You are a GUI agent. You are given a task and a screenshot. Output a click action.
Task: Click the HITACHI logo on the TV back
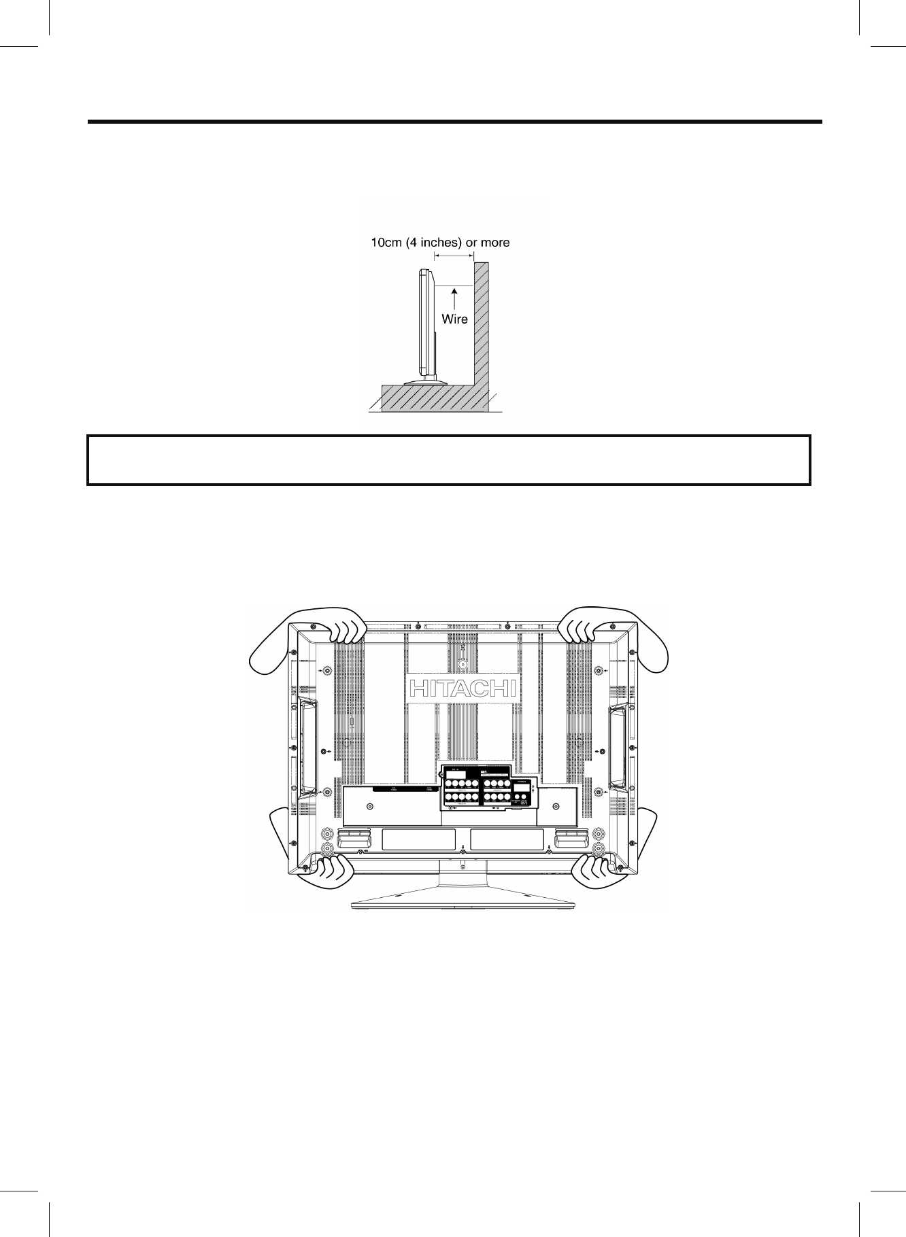(462, 689)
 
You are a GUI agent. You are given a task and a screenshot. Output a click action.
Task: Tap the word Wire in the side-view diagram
(454, 317)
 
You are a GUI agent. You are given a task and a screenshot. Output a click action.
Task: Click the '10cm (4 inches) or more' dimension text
(440, 242)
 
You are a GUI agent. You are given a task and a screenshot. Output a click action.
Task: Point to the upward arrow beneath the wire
(454, 297)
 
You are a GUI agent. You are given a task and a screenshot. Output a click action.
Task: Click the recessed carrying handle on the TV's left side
(307, 748)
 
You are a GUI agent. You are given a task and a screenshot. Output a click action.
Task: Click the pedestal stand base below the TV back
(463, 901)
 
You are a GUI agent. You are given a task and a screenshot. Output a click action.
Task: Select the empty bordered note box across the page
(449, 460)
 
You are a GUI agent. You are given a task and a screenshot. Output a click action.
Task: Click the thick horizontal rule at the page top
(454, 122)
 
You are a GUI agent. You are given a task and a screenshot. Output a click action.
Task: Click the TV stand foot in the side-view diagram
(423, 382)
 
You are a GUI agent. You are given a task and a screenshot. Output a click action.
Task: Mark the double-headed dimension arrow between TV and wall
(454, 256)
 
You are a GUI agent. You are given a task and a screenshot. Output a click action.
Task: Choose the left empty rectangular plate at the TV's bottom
(418, 839)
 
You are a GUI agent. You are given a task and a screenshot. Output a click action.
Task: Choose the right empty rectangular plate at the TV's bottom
(507, 839)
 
